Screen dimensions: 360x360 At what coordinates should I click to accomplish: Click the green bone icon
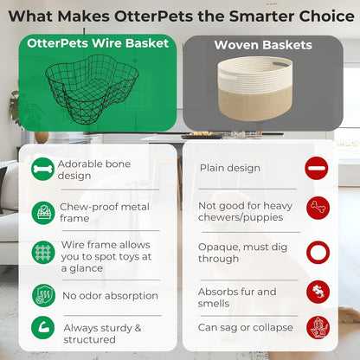click(42, 169)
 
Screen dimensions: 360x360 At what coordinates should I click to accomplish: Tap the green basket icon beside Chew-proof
click(42, 212)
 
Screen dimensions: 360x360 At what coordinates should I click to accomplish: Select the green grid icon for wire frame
click(42, 253)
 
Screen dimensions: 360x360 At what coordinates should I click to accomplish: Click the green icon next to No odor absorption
click(42, 295)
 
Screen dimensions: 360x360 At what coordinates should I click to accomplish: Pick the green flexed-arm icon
click(42, 328)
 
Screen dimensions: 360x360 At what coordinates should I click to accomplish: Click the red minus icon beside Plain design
click(318, 168)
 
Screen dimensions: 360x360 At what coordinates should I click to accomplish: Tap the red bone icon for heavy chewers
click(318, 208)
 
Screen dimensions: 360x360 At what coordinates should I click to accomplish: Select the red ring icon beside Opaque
click(318, 253)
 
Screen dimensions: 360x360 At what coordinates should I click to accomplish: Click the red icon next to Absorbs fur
click(318, 292)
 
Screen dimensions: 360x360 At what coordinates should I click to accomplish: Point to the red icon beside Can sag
click(318, 328)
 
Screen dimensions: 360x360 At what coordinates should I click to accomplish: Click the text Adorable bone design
click(86, 169)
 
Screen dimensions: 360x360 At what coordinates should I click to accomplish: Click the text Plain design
click(230, 168)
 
